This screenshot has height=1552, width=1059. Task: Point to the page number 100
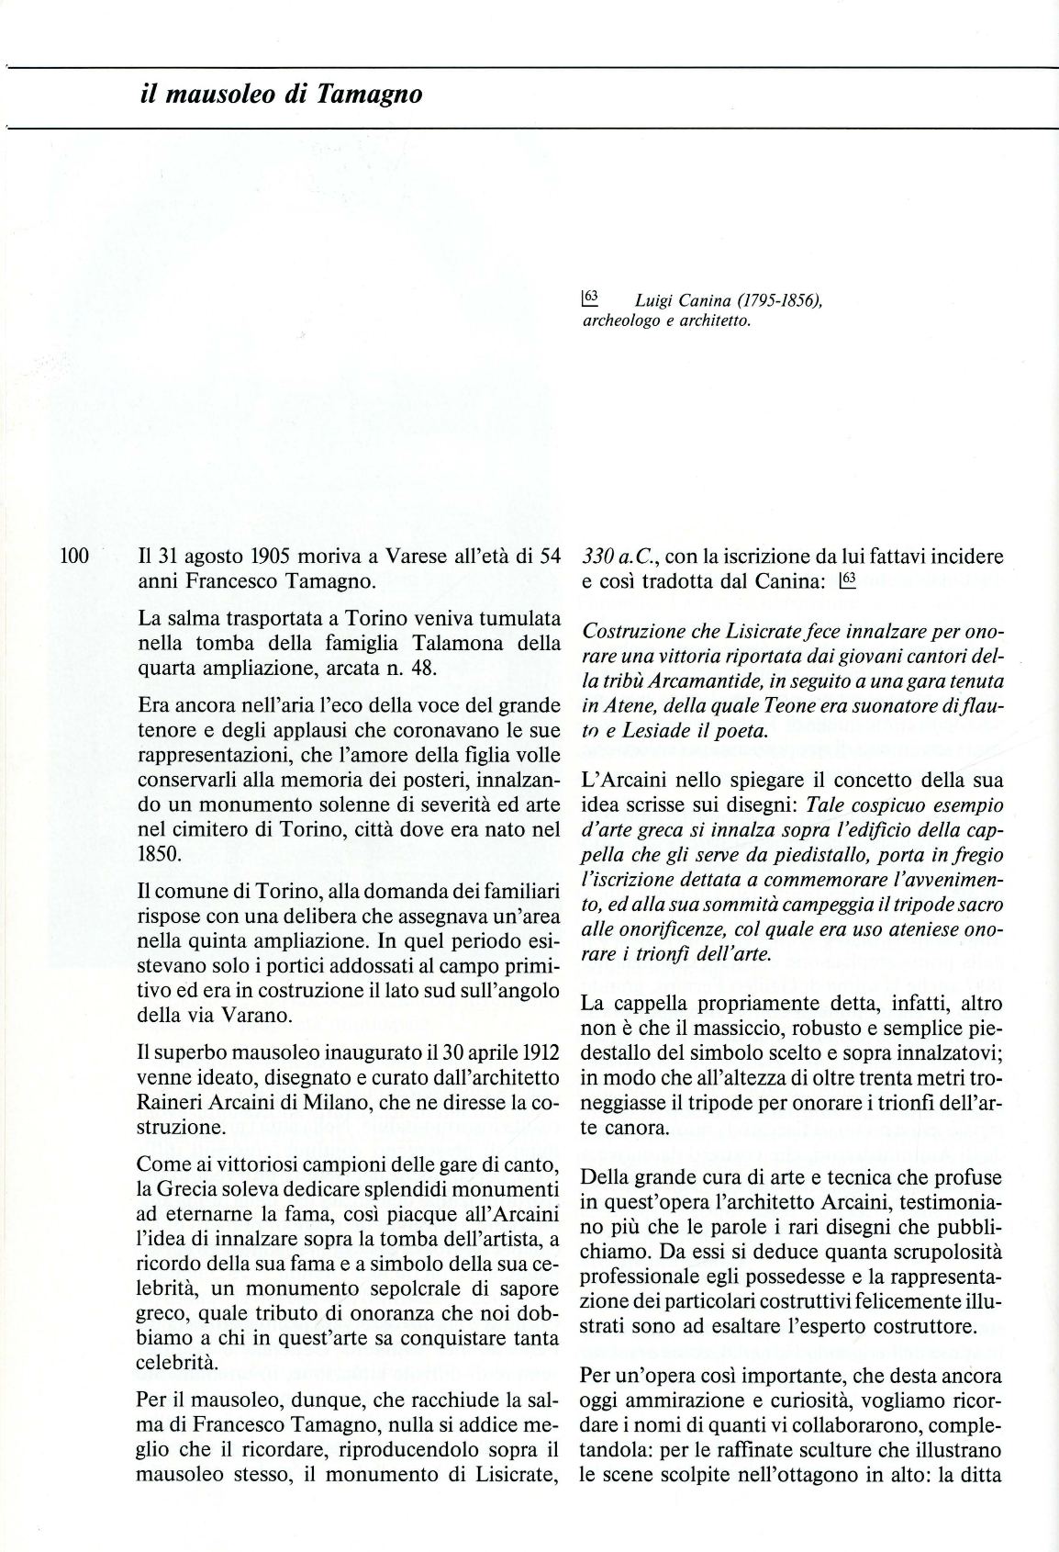(x=72, y=557)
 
